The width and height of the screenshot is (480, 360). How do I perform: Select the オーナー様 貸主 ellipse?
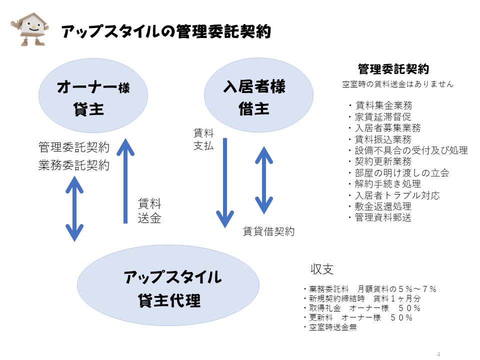(x=93, y=97)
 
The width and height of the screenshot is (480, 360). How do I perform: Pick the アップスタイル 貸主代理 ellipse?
(x=168, y=288)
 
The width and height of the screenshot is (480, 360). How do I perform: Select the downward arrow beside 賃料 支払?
(x=225, y=182)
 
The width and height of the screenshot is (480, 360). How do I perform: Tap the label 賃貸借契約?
(x=268, y=231)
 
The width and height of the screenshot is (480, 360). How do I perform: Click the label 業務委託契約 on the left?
(x=73, y=165)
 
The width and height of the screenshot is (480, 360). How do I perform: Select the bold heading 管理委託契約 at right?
(x=393, y=69)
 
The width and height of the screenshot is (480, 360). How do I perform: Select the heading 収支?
(x=322, y=269)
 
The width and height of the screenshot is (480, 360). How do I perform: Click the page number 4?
(x=438, y=354)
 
